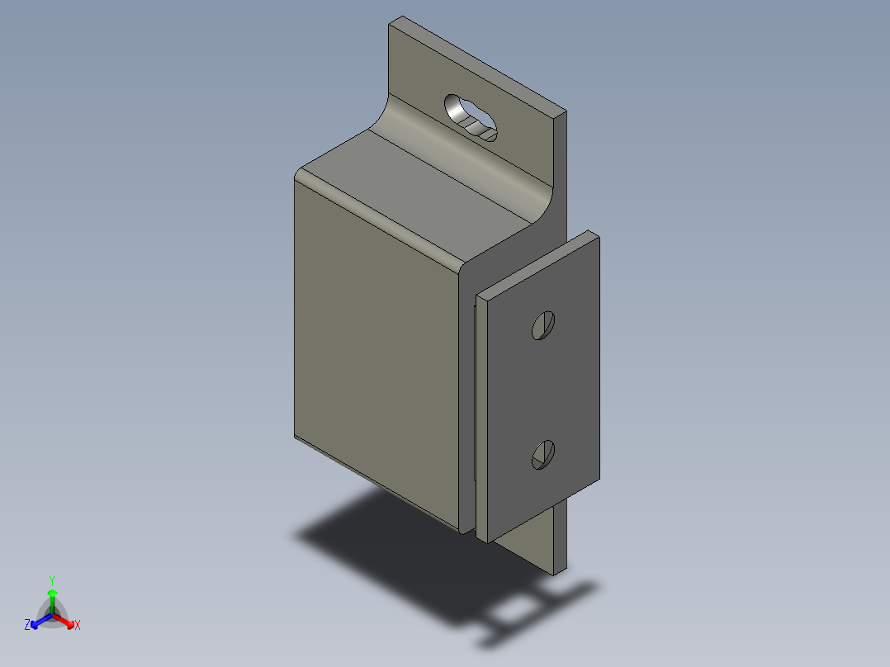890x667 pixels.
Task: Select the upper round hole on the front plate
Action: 542,326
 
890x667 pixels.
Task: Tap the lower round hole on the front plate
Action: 542,454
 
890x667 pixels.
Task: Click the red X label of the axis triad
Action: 78,626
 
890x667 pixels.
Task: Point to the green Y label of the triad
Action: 52,580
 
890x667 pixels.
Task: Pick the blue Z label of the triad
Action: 27,626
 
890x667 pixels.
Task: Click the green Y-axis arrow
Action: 52,598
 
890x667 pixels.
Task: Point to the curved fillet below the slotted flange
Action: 462,157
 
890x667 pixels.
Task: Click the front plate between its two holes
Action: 541,388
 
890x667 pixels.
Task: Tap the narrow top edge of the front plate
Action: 537,263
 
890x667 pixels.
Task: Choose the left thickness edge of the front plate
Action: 484,413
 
